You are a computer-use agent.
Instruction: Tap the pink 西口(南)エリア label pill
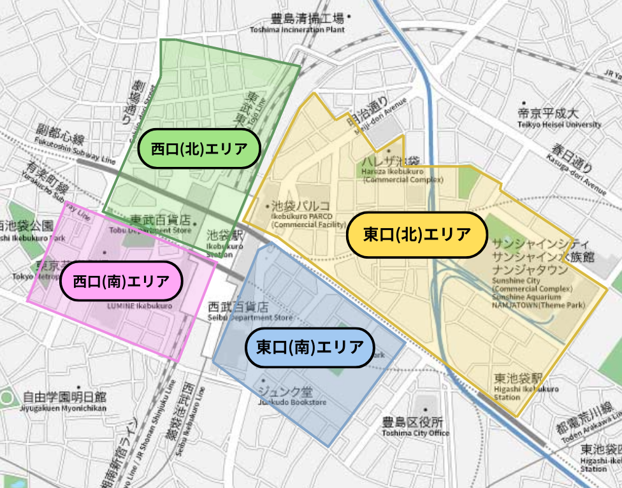coord(121,281)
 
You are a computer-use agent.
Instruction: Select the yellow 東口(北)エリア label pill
coord(417,235)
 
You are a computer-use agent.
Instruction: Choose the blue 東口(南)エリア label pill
coord(310,348)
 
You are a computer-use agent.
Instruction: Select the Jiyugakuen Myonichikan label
coord(64,402)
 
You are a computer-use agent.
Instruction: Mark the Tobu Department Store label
coord(161,224)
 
